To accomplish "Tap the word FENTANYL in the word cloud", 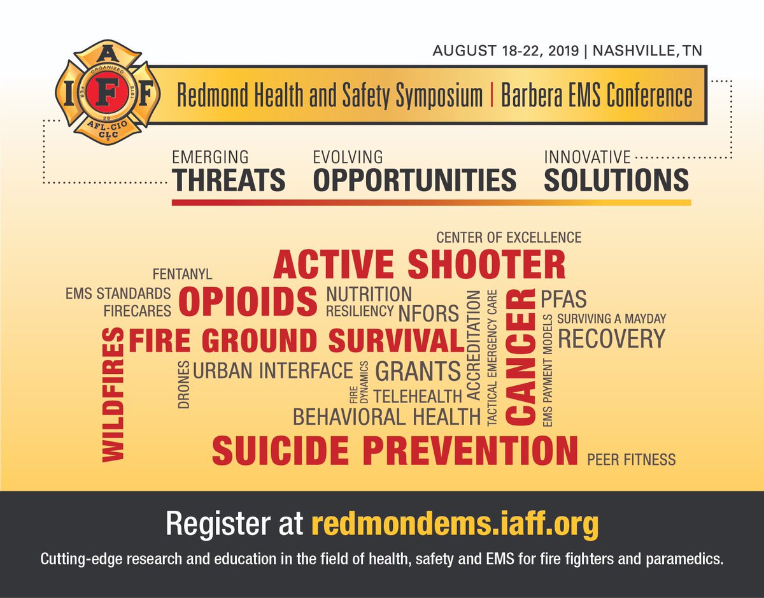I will click(182, 274).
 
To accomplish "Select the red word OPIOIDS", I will click(248, 301).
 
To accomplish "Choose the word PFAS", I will click(563, 299).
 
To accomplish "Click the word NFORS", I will click(428, 313).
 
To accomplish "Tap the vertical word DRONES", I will click(183, 384).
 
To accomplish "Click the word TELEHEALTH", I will click(417, 396).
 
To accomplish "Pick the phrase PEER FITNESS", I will click(631, 459).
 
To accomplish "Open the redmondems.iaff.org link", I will click(455, 525).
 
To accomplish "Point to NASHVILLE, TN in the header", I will click(647, 51).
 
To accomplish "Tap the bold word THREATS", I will click(229, 180).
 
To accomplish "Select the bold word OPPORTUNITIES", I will click(414, 180).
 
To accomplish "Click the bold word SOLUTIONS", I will click(616, 180).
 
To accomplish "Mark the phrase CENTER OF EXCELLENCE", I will click(509, 238).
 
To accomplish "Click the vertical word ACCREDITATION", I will click(473, 345).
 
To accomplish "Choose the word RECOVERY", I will click(611, 339).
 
